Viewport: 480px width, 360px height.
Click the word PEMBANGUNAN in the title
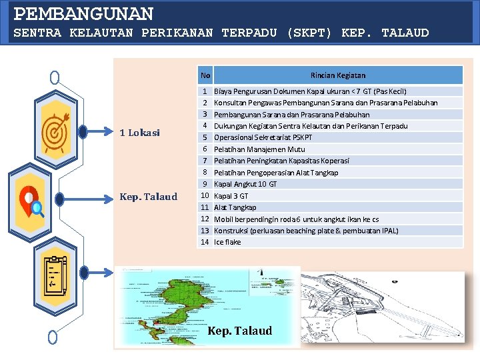coord(84,13)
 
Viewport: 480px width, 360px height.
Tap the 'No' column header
coord(205,75)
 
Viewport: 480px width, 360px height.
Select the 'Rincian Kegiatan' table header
coord(337,75)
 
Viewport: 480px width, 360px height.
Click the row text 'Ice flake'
coord(227,242)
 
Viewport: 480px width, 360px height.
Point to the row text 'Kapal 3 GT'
coord(231,196)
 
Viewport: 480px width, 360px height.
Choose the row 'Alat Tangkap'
coord(235,207)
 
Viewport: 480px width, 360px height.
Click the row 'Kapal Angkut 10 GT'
coord(245,184)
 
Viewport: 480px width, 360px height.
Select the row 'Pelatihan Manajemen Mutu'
coord(259,149)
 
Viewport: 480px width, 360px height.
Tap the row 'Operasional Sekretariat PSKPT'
coord(263,137)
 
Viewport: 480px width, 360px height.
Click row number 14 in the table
coord(205,242)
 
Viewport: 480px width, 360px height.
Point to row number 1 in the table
coord(205,91)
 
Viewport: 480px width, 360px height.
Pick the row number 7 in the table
coord(205,161)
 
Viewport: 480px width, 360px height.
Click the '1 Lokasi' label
coord(139,133)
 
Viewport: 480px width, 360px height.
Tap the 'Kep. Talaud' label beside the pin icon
coord(148,197)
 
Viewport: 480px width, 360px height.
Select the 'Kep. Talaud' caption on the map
coord(240,331)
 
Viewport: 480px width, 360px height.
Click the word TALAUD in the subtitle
coord(405,33)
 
